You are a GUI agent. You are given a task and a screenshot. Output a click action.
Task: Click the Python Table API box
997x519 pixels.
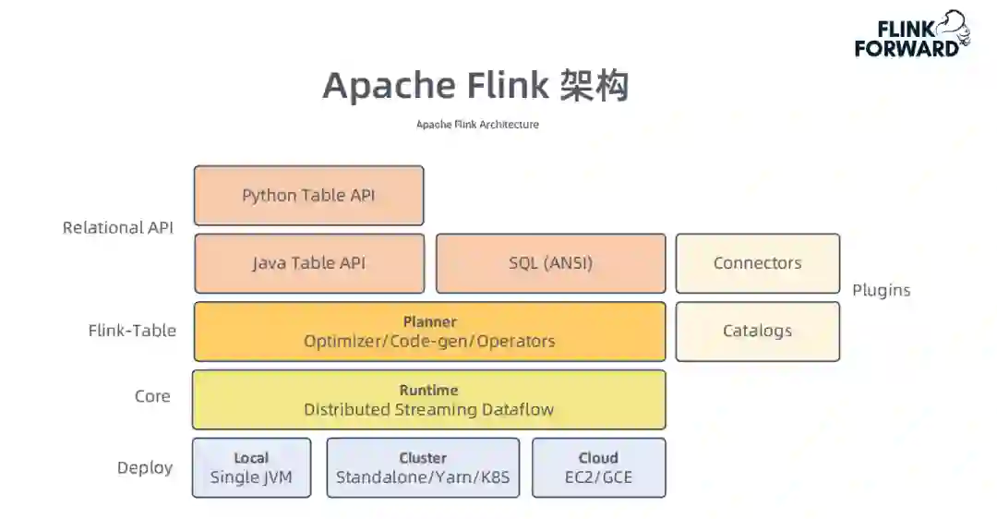click(x=309, y=195)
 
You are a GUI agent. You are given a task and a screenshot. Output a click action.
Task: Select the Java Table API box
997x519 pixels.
click(x=309, y=263)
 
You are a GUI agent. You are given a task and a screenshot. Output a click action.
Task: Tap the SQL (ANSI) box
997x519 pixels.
click(x=550, y=263)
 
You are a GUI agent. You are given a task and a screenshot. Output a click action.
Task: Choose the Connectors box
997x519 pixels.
click(x=757, y=263)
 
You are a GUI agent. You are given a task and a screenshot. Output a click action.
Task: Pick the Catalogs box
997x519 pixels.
click(x=757, y=332)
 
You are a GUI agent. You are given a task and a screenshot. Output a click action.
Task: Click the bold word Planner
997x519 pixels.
click(x=430, y=321)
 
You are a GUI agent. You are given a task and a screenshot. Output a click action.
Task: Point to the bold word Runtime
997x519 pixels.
click(x=428, y=390)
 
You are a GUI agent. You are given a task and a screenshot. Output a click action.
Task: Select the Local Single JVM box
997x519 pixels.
click(x=252, y=467)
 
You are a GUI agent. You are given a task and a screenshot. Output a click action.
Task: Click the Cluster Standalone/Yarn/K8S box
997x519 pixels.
click(x=423, y=467)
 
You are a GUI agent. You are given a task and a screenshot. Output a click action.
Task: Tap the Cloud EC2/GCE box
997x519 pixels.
click(x=599, y=467)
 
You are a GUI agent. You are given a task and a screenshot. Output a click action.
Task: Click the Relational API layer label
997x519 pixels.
click(x=117, y=228)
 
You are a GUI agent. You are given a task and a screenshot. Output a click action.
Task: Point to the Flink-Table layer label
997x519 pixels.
click(x=132, y=331)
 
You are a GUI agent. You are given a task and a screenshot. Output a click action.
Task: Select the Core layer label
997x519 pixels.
click(x=152, y=396)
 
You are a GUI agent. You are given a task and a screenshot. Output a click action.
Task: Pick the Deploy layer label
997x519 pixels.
click(x=145, y=468)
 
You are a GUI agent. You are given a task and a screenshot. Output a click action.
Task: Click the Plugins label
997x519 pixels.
click(x=882, y=290)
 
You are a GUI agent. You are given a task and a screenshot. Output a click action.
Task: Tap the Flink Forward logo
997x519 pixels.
click(x=912, y=34)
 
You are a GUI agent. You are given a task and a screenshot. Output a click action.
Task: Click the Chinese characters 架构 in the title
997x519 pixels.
click(x=595, y=85)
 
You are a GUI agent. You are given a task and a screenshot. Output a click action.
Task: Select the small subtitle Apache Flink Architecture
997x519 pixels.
click(x=477, y=125)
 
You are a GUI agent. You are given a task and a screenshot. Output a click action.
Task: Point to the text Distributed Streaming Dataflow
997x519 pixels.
click(x=428, y=410)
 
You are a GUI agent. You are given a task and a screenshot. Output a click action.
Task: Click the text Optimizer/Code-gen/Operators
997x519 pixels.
click(x=429, y=342)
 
